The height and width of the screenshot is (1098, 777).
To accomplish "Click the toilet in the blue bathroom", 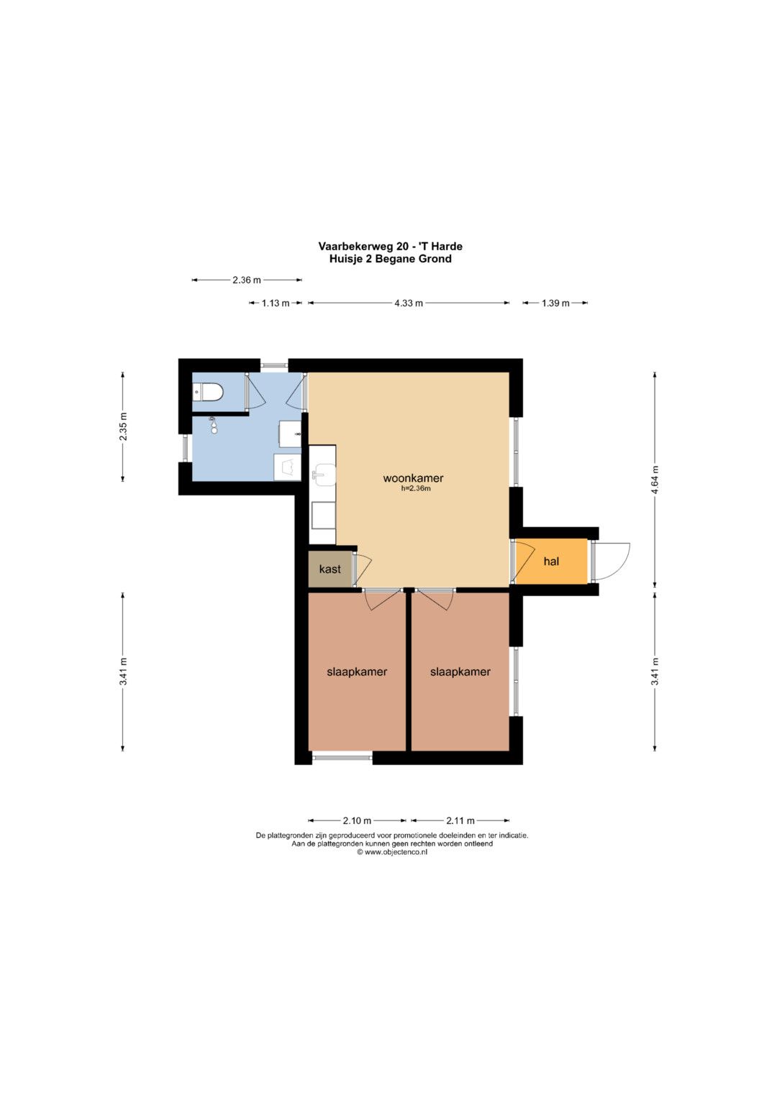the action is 209,392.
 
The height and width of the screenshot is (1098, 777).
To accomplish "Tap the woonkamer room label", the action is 413,478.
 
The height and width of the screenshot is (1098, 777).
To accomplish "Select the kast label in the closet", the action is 330,569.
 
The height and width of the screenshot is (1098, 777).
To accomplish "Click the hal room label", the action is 551,562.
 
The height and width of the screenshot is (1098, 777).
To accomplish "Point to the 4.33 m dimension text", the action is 409,303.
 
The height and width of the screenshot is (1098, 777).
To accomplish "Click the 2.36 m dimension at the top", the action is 247,280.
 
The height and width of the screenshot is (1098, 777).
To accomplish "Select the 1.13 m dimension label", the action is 275,303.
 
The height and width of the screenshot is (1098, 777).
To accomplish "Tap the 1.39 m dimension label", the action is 555,303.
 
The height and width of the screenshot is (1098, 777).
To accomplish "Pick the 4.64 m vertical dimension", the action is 655,480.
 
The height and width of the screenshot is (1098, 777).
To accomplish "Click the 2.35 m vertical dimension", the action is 122,426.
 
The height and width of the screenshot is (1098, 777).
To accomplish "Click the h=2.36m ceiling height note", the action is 416,488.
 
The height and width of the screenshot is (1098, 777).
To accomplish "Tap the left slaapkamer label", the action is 357,672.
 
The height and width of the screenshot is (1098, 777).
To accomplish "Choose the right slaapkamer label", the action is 460,672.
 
